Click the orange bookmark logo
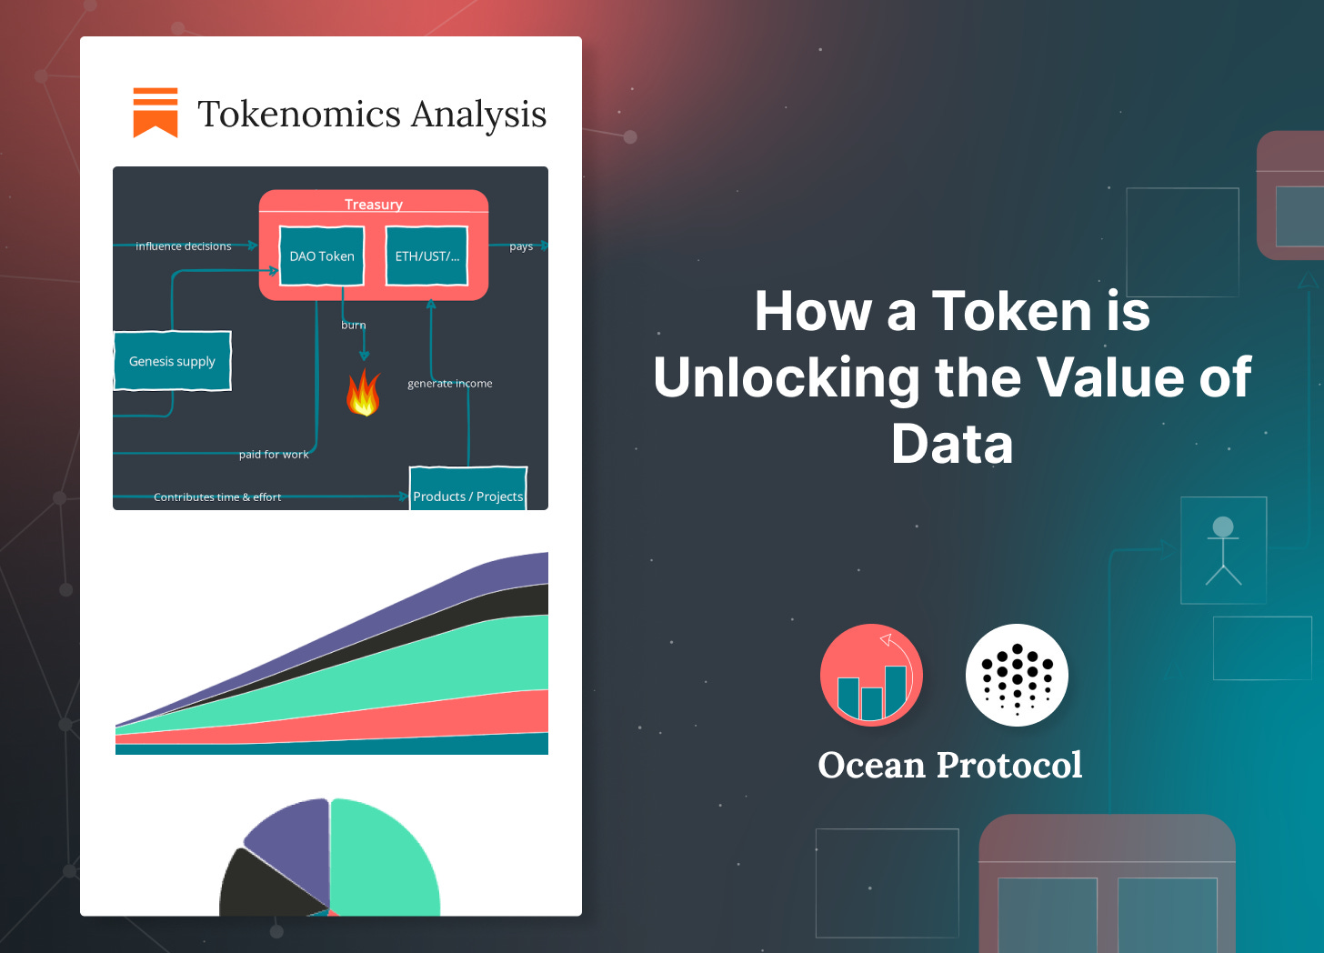coord(155,113)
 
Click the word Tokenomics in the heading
coord(299,115)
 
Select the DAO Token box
coord(322,256)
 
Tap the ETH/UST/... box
coord(426,256)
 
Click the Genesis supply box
coord(172,361)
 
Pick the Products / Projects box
coord(468,491)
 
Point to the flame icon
coord(363,393)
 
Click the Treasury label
coord(373,204)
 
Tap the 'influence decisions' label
coord(184,246)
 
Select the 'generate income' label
coord(450,384)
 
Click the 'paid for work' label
coord(274,455)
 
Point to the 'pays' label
coord(521,246)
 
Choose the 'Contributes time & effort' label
coord(217,497)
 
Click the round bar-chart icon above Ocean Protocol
coord(871,675)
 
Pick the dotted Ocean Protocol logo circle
coord(1017,675)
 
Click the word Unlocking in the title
coord(787,378)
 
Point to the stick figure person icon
coord(1223,550)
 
